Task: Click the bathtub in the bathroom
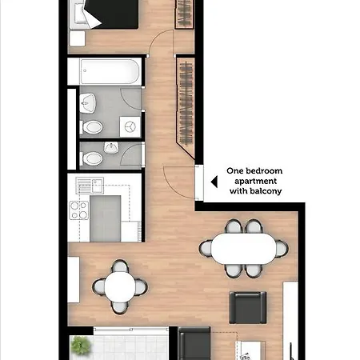click(106, 74)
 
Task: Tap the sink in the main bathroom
click(89, 102)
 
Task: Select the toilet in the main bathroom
click(93, 126)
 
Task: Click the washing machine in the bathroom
click(130, 126)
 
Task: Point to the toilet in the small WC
click(93, 154)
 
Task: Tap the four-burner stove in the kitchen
click(79, 210)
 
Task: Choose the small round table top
click(120, 286)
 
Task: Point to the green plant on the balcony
click(81, 347)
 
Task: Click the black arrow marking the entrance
click(214, 182)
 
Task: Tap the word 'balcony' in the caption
click(266, 192)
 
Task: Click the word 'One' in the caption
click(235, 170)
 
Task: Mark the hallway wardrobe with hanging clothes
click(186, 100)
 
